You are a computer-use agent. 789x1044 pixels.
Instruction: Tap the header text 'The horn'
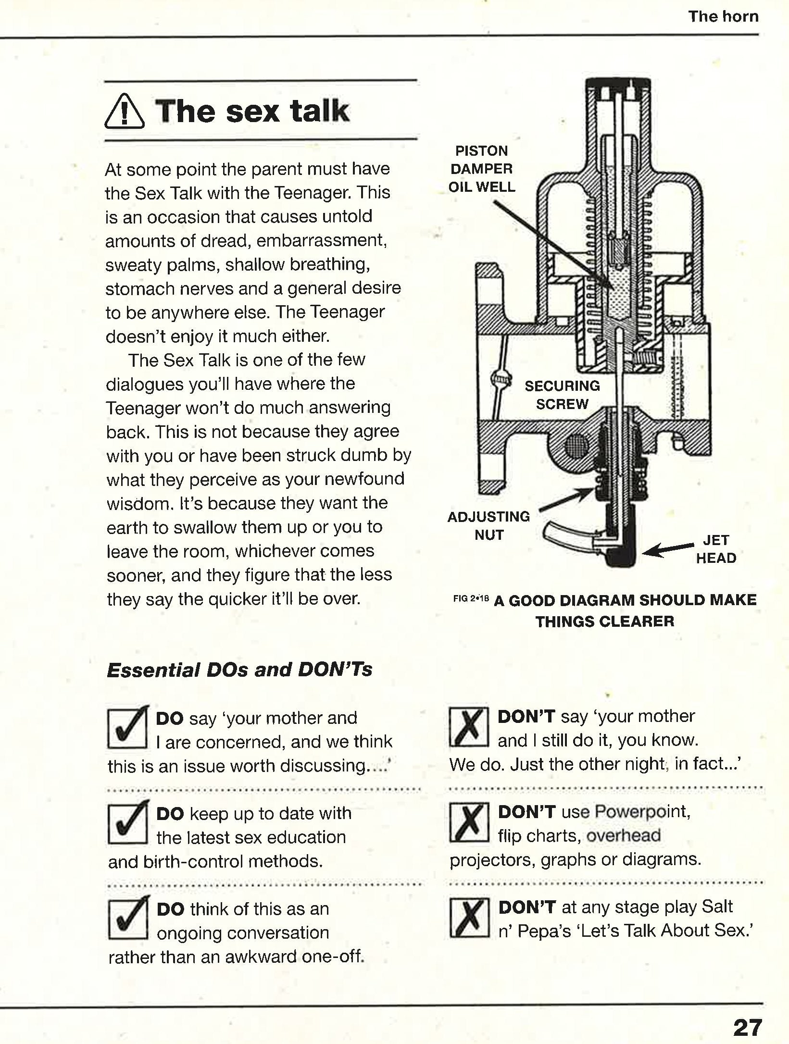point(723,16)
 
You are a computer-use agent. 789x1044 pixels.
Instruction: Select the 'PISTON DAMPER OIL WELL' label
point(482,169)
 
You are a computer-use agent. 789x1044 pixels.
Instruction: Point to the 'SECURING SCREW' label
point(562,395)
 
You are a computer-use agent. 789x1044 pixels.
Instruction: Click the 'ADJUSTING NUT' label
point(488,525)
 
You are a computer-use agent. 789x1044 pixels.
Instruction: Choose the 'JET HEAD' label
point(716,549)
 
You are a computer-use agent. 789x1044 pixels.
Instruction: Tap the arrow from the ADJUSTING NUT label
point(567,500)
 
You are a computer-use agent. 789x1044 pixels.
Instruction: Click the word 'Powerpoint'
point(642,812)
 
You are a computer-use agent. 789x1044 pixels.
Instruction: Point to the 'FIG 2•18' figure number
point(471,599)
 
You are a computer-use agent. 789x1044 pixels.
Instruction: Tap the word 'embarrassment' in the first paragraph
point(321,240)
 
